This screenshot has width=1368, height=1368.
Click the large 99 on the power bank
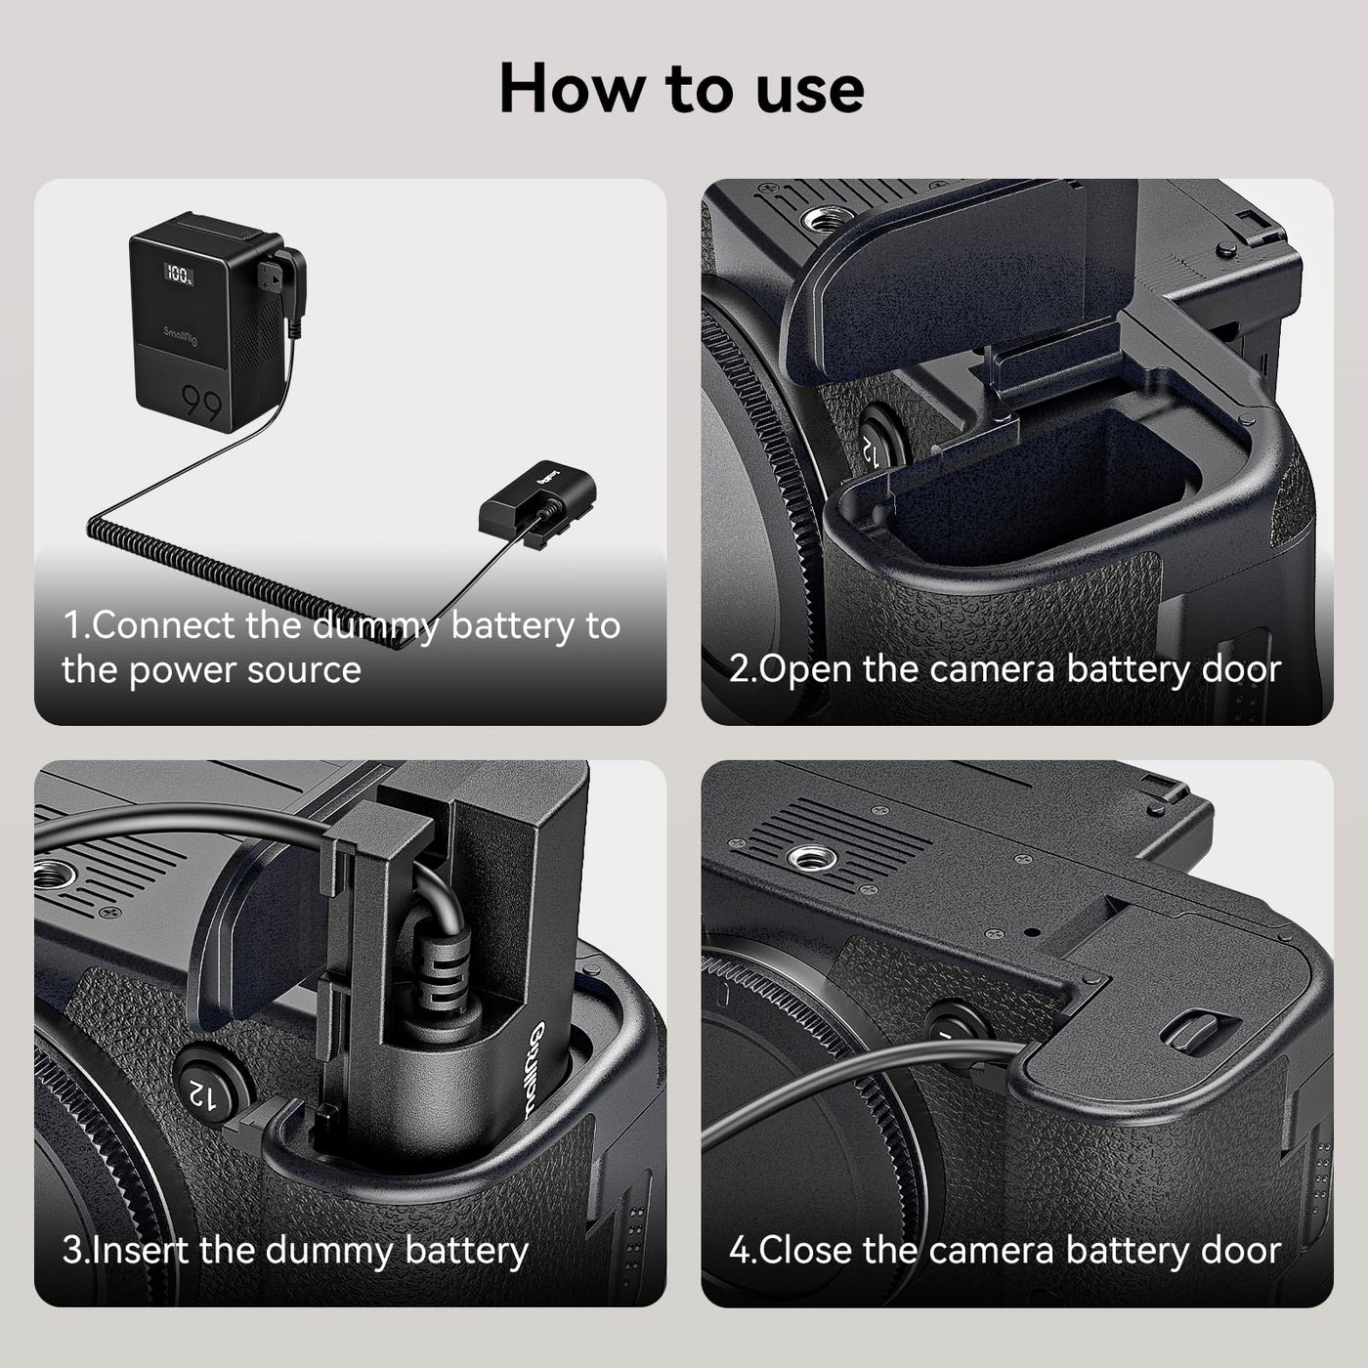pos(202,404)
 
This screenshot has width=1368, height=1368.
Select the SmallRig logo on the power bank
pos(181,336)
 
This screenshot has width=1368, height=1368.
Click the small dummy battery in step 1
pos(537,501)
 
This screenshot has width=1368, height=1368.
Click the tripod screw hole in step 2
pos(828,220)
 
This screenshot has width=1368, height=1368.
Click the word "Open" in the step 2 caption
pos(805,670)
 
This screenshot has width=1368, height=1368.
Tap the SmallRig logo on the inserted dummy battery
pos(537,1072)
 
